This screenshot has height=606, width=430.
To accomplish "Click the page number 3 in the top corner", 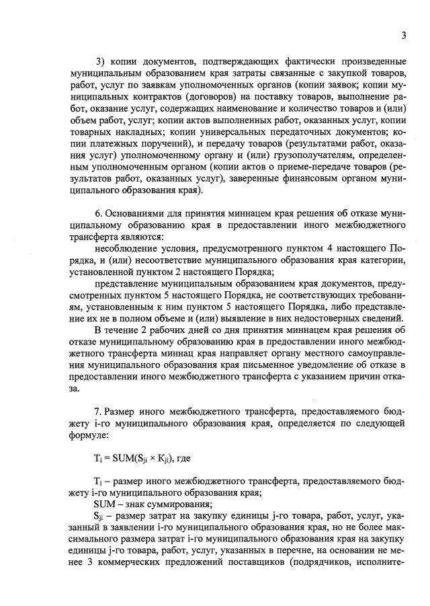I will coord(403,36).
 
